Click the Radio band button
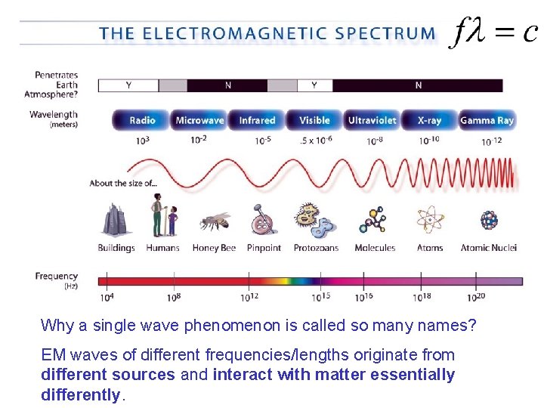(x=142, y=120)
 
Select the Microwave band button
(x=199, y=120)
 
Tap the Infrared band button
(x=257, y=120)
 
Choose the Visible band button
(x=314, y=120)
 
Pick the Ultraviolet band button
(x=372, y=120)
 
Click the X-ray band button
(x=429, y=120)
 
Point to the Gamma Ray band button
(x=487, y=120)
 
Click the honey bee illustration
(x=213, y=221)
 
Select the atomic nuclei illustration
(x=489, y=220)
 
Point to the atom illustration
(x=429, y=220)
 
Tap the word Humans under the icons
(x=162, y=248)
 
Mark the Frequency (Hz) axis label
(x=57, y=280)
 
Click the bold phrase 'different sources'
(x=108, y=375)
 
